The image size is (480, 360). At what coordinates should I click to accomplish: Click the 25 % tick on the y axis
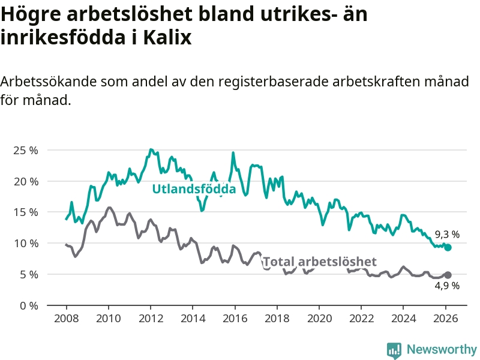[25, 150]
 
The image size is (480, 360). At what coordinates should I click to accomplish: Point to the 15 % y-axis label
[25, 212]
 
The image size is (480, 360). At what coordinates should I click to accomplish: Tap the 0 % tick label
[28, 305]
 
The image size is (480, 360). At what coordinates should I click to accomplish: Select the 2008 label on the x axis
[65, 318]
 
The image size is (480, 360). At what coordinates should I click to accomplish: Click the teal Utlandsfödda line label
[194, 189]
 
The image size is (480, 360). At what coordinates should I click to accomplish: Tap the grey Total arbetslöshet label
[320, 261]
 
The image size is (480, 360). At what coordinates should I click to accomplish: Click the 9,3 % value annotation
[447, 234]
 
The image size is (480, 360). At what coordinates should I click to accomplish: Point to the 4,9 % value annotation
[447, 286]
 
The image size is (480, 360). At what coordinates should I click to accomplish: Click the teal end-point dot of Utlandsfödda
[448, 247]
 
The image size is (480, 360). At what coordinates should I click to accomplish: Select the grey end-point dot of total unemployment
[448, 275]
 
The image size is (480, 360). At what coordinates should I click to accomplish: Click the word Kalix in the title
[167, 37]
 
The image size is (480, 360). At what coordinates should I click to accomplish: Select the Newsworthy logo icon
[394, 350]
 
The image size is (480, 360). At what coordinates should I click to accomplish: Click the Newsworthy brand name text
[442, 349]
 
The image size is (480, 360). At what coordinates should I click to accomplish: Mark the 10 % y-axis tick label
[25, 243]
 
